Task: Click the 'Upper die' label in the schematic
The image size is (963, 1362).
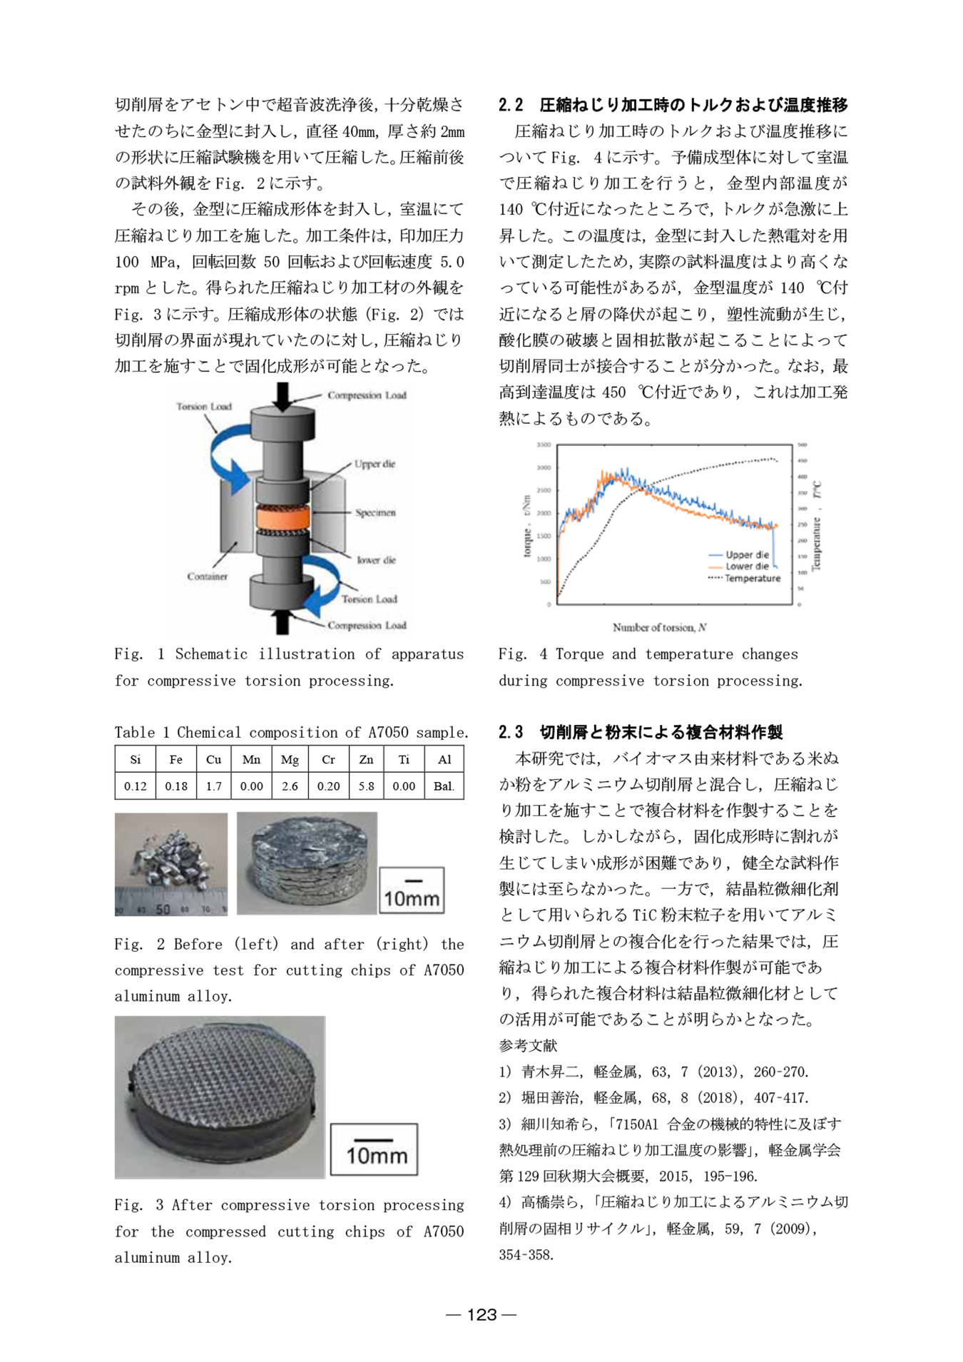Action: pos(374,464)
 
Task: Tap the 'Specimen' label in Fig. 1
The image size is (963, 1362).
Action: pos(375,512)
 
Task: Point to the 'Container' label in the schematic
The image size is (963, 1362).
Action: pos(207,576)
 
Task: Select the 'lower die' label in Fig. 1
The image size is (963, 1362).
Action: pos(376,560)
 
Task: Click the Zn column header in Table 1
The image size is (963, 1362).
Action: pos(366,759)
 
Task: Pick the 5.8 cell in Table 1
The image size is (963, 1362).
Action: pos(366,786)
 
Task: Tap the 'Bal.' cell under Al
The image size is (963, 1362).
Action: pos(444,786)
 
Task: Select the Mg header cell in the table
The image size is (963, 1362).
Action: pos(290,759)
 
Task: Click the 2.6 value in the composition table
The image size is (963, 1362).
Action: pos(290,786)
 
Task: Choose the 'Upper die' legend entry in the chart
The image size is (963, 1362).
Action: pos(747,554)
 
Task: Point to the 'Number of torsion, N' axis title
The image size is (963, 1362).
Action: pos(659,627)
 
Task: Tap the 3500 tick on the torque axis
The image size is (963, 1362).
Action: pos(544,445)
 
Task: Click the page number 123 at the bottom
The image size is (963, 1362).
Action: pos(481,1314)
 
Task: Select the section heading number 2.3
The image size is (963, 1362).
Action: pos(511,732)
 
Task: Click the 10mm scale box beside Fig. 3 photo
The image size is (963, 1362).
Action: pos(374,1149)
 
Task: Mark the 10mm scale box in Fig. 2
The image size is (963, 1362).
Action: pos(412,890)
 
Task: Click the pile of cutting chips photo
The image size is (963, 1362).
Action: pos(171,863)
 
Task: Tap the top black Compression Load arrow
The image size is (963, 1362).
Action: pos(282,396)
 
